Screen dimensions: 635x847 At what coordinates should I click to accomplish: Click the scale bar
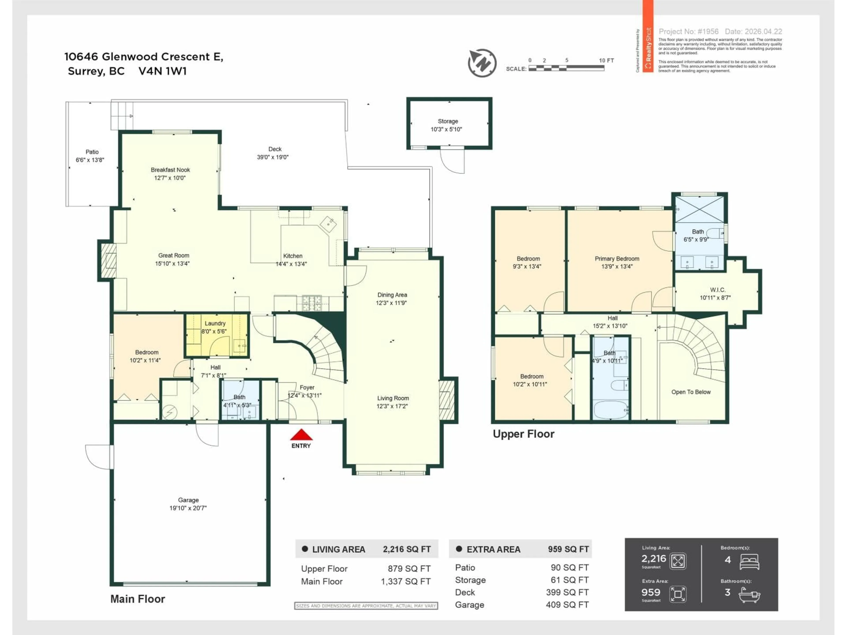[566, 68]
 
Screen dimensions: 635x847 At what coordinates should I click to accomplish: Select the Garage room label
[188, 500]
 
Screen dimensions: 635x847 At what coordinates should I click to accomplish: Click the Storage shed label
[448, 121]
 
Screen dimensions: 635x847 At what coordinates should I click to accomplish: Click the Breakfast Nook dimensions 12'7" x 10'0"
[170, 178]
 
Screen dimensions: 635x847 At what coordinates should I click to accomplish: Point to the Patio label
[92, 152]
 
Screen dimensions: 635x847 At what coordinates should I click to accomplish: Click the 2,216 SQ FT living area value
[407, 549]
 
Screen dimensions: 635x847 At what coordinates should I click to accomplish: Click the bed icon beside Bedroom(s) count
[749, 562]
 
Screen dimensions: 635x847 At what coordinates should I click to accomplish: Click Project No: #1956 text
[688, 31]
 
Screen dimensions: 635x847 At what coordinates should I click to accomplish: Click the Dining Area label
[392, 295]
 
